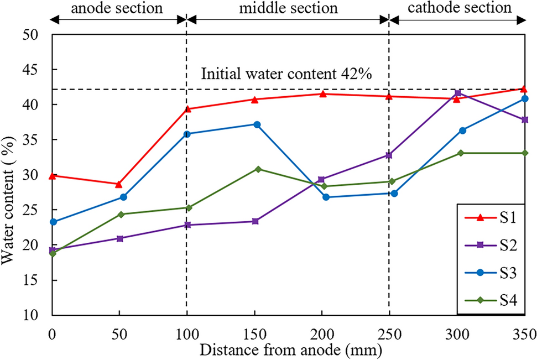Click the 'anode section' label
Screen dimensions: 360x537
[x=118, y=8]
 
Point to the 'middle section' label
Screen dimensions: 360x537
[x=288, y=8]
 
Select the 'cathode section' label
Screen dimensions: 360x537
[x=459, y=8]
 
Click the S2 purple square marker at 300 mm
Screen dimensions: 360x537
[x=457, y=93]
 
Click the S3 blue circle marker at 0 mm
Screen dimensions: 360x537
[x=53, y=222]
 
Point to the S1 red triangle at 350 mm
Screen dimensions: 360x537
[x=524, y=88]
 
